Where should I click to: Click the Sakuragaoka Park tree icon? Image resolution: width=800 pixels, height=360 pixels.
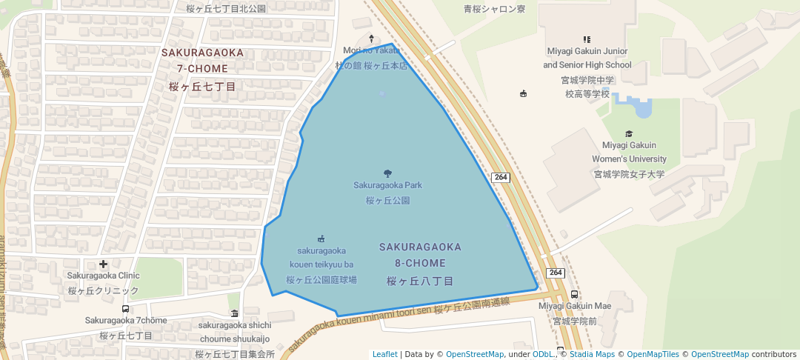(388, 173)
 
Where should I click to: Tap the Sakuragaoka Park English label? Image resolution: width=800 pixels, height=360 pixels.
(387, 185)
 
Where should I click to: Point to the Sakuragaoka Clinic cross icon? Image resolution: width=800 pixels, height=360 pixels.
(103, 264)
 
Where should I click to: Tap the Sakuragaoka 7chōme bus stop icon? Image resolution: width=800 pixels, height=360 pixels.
(125, 309)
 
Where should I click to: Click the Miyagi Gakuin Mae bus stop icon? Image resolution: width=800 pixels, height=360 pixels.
(575, 294)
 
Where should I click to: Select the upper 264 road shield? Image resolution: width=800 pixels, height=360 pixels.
(501, 177)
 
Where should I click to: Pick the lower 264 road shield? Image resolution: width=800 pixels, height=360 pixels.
(556, 273)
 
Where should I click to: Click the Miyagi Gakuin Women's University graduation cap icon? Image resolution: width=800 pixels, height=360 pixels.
(629, 133)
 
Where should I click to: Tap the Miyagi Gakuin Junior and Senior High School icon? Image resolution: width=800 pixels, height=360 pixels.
(587, 39)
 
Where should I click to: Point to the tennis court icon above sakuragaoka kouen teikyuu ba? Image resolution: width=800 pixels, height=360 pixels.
(321, 239)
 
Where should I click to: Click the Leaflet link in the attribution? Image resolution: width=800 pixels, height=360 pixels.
(384, 354)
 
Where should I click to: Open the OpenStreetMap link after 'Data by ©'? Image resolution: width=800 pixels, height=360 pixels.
(475, 354)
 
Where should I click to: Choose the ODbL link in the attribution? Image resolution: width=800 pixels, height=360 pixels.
(544, 354)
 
